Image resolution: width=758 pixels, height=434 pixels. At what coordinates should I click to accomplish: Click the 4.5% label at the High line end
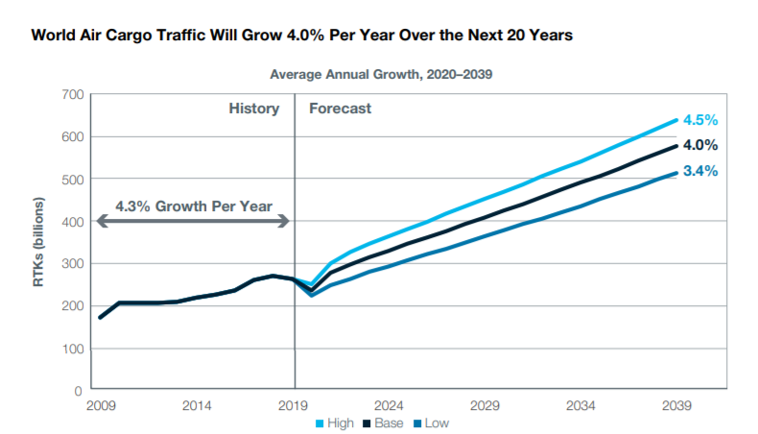[700, 120]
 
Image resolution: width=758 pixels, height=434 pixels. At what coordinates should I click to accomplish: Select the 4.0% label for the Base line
[700, 146]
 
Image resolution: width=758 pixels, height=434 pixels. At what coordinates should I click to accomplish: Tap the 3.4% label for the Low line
[700, 172]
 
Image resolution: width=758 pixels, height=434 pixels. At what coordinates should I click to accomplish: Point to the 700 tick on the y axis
[73, 94]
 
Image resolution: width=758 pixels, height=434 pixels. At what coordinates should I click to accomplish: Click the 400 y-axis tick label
[73, 222]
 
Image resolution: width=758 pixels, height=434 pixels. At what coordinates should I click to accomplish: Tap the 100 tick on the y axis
[73, 349]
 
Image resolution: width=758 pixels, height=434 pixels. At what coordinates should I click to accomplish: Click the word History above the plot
[253, 108]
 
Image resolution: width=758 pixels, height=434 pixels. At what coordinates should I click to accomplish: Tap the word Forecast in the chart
[340, 108]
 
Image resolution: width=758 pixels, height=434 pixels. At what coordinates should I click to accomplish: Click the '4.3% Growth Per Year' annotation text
[194, 205]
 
